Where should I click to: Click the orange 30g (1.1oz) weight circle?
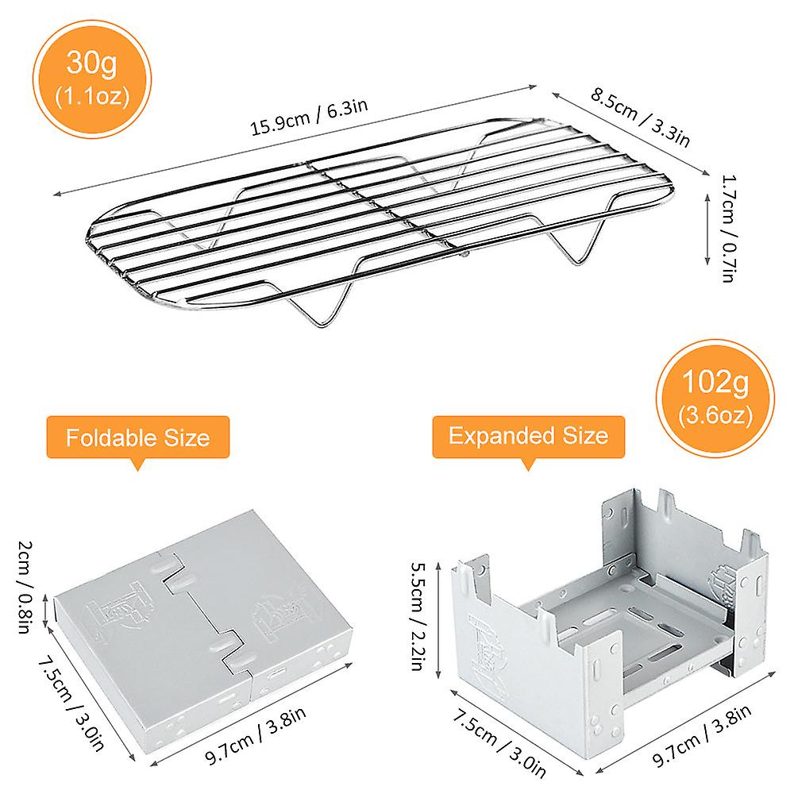(x=92, y=79)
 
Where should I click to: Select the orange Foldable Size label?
(x=137, y=437)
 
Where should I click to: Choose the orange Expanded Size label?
(x=528, y=437)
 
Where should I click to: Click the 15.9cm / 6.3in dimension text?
(x=310, y=117)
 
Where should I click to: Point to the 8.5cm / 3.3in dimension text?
(x=641, y=118)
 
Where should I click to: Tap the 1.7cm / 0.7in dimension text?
(x=728, y=229)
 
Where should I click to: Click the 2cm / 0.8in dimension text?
(x=25, y=587)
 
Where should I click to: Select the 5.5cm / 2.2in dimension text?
(x=418, y=616)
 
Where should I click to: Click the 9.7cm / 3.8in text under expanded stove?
(x=702, y=734)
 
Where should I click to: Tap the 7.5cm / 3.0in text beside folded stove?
(x=71, y=703)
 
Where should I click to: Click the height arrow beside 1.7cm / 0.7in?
(x=708, y=229)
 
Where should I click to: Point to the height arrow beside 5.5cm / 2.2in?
(x=438, y=619)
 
